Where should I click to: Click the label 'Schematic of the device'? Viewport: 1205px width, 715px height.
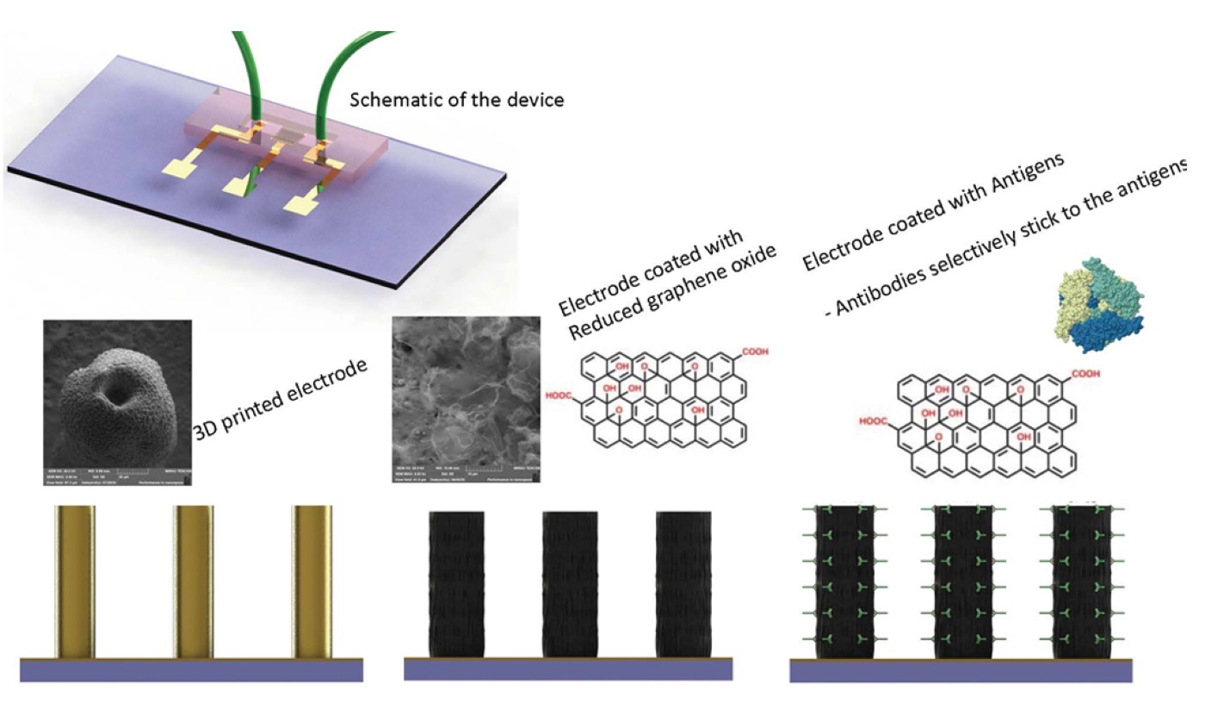[456, 100]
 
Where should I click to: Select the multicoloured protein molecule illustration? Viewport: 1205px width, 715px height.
[1101, 298]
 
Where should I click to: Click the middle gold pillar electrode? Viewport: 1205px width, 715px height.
[195, 582]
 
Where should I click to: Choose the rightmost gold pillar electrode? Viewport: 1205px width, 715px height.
[312, 582]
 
